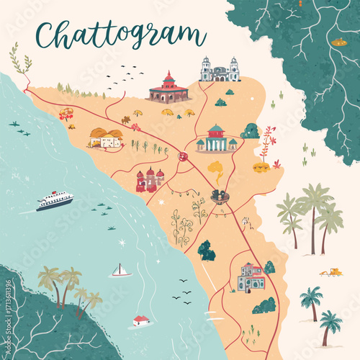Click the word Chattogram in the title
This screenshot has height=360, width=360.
tap(120, 34)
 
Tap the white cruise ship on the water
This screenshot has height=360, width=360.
tap(55, 199)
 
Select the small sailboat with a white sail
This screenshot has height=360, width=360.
tap(120, 271)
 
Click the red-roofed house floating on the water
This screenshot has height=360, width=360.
tap(141, 320)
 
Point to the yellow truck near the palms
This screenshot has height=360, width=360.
tap(331, 272)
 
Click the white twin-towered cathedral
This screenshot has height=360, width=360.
tap(220, 71)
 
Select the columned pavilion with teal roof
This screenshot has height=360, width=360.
tap(216, 139)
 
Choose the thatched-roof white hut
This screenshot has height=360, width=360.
tap(105, 137)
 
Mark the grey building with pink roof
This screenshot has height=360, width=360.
tap(251, 277)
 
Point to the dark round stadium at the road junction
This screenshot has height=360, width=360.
tap(220, 196)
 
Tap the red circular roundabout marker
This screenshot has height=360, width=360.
tap(184, 156)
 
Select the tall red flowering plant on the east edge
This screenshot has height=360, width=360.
tap(268, 140)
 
